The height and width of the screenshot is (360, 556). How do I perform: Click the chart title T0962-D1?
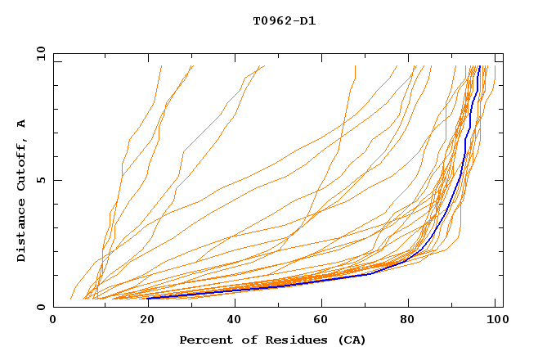tap(284, 20)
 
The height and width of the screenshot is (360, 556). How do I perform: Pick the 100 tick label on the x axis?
tap(496, 320)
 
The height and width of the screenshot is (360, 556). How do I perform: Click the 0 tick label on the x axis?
tap(54, 320)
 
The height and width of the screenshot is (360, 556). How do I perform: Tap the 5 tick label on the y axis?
tap(41, 180)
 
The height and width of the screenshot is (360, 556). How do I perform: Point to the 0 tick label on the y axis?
tap(41, 307)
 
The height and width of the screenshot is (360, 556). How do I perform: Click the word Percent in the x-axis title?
tap(204, 340)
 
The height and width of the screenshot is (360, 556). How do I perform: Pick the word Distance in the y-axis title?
tap(21, 231)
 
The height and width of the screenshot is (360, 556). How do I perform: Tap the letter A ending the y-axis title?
tap(21, 124)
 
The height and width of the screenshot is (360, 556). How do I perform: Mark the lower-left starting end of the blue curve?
tap(148, 298)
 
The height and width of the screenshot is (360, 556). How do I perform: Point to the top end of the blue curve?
tap(478, 66)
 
